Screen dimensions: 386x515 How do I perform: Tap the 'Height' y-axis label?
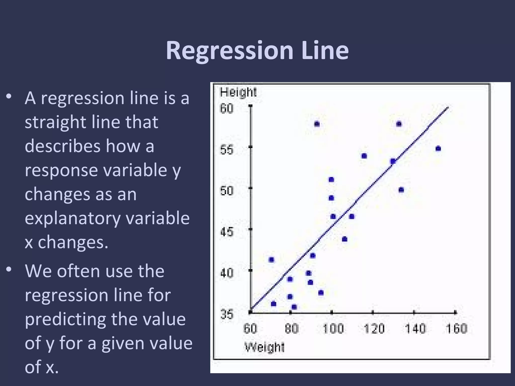[238, 92]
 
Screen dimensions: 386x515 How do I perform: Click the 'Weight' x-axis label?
[264, 347]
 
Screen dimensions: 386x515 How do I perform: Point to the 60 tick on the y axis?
[227, 109]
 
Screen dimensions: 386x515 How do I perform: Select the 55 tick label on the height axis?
[227, 150]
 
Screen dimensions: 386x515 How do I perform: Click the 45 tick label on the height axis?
[227, 232]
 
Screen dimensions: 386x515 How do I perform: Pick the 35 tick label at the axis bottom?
[227, 314]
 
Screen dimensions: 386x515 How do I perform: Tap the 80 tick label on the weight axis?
[291, 329]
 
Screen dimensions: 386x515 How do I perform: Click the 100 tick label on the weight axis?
[333, 329]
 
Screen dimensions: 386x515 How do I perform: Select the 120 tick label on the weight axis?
[374, 329]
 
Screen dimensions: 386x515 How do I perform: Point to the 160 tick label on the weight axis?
[456, 329]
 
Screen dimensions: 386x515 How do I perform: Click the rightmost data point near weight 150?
[438, 149]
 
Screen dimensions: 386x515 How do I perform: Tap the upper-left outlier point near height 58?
[317, 124]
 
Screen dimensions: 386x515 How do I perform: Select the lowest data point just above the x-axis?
[294, 307]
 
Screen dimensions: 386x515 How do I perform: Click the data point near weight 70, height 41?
[271, 260]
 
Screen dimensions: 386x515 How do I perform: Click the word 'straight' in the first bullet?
[56, 122]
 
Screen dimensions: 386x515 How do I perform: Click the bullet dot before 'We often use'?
[9, 270]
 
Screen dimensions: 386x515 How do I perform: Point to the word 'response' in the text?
[61, 170]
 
